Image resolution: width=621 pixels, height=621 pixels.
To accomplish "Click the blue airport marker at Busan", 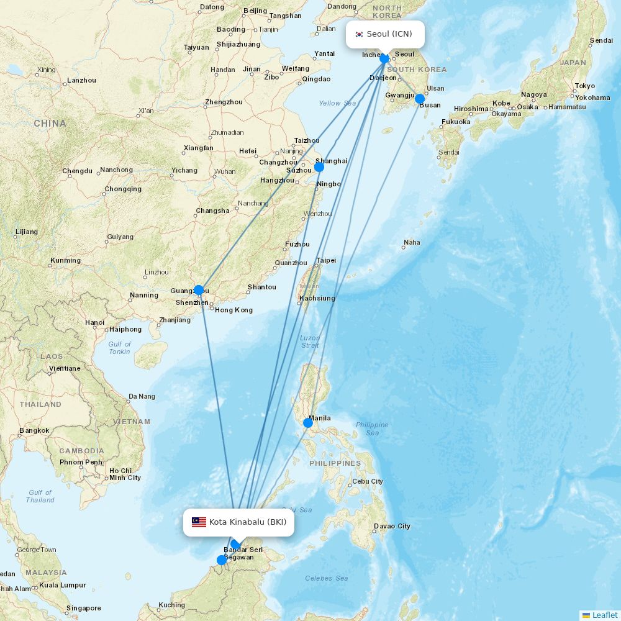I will click(x=420, y=99).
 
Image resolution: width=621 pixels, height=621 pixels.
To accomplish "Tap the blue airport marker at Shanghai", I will click(x=319, y=167).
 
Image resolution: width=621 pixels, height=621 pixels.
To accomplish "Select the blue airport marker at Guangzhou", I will click(x=199, y=290).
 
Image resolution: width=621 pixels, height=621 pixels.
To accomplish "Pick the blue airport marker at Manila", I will click(x=308, y=423).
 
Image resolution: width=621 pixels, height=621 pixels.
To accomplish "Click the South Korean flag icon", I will click(x=359, y=34).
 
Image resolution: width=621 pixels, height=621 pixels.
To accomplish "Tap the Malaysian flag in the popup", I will click(x=199, y=522).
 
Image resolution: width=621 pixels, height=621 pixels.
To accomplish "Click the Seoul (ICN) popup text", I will click(x=389, y=34).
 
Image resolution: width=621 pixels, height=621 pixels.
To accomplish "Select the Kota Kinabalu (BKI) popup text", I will click(x=248, y=522).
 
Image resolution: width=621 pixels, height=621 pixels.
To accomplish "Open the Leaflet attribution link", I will click(x=604, y=615).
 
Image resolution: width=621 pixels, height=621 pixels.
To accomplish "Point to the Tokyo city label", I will click(x=584, y=86).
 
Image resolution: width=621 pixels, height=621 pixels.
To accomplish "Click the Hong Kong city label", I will click(x=233, y=310).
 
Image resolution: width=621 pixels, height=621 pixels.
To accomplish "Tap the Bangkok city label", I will click(x=34, y=430).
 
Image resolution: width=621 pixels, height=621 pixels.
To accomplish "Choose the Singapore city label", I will click(x=83, y=608).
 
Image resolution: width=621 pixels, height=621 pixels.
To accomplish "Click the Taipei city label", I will click(x=326, y=260).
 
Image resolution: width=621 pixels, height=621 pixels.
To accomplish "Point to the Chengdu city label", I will click(x=77, y=171).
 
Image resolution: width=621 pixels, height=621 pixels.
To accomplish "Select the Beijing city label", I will click(x=255, y=11).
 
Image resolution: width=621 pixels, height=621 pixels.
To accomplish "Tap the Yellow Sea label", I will click(x=337, y=103).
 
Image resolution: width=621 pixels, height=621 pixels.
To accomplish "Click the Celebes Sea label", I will click(x=326, y=578).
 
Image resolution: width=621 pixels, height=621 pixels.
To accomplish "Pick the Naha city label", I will click(x=412, y=242).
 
